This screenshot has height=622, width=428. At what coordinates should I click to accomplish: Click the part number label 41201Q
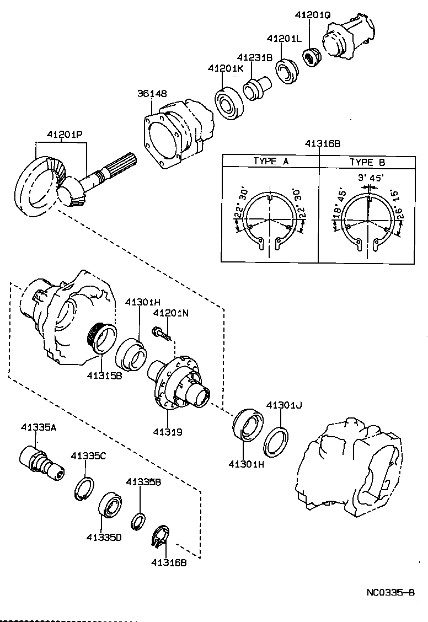[x=313, y=16]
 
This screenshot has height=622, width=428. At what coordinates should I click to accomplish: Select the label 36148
[x=152, y=94]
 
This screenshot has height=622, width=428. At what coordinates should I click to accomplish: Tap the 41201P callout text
[x=64, y=135]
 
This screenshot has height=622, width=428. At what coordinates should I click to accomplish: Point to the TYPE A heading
[x=271, y=162]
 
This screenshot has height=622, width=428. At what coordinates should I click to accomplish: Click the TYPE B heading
[x=367, y=162]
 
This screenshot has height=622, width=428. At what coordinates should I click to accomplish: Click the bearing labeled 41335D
[x=112, y=505]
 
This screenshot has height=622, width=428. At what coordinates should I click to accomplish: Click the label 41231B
[x=255, y=57]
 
